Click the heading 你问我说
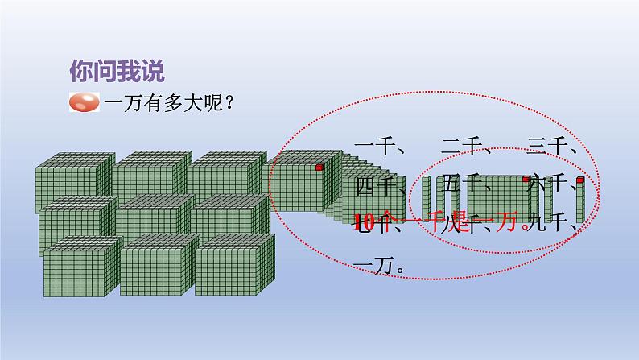pyautogui.click(x=117, y=71)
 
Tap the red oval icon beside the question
pyautogui.click(x=85, y=102)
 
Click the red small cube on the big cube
pyautogui.click(x=319, y=168)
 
